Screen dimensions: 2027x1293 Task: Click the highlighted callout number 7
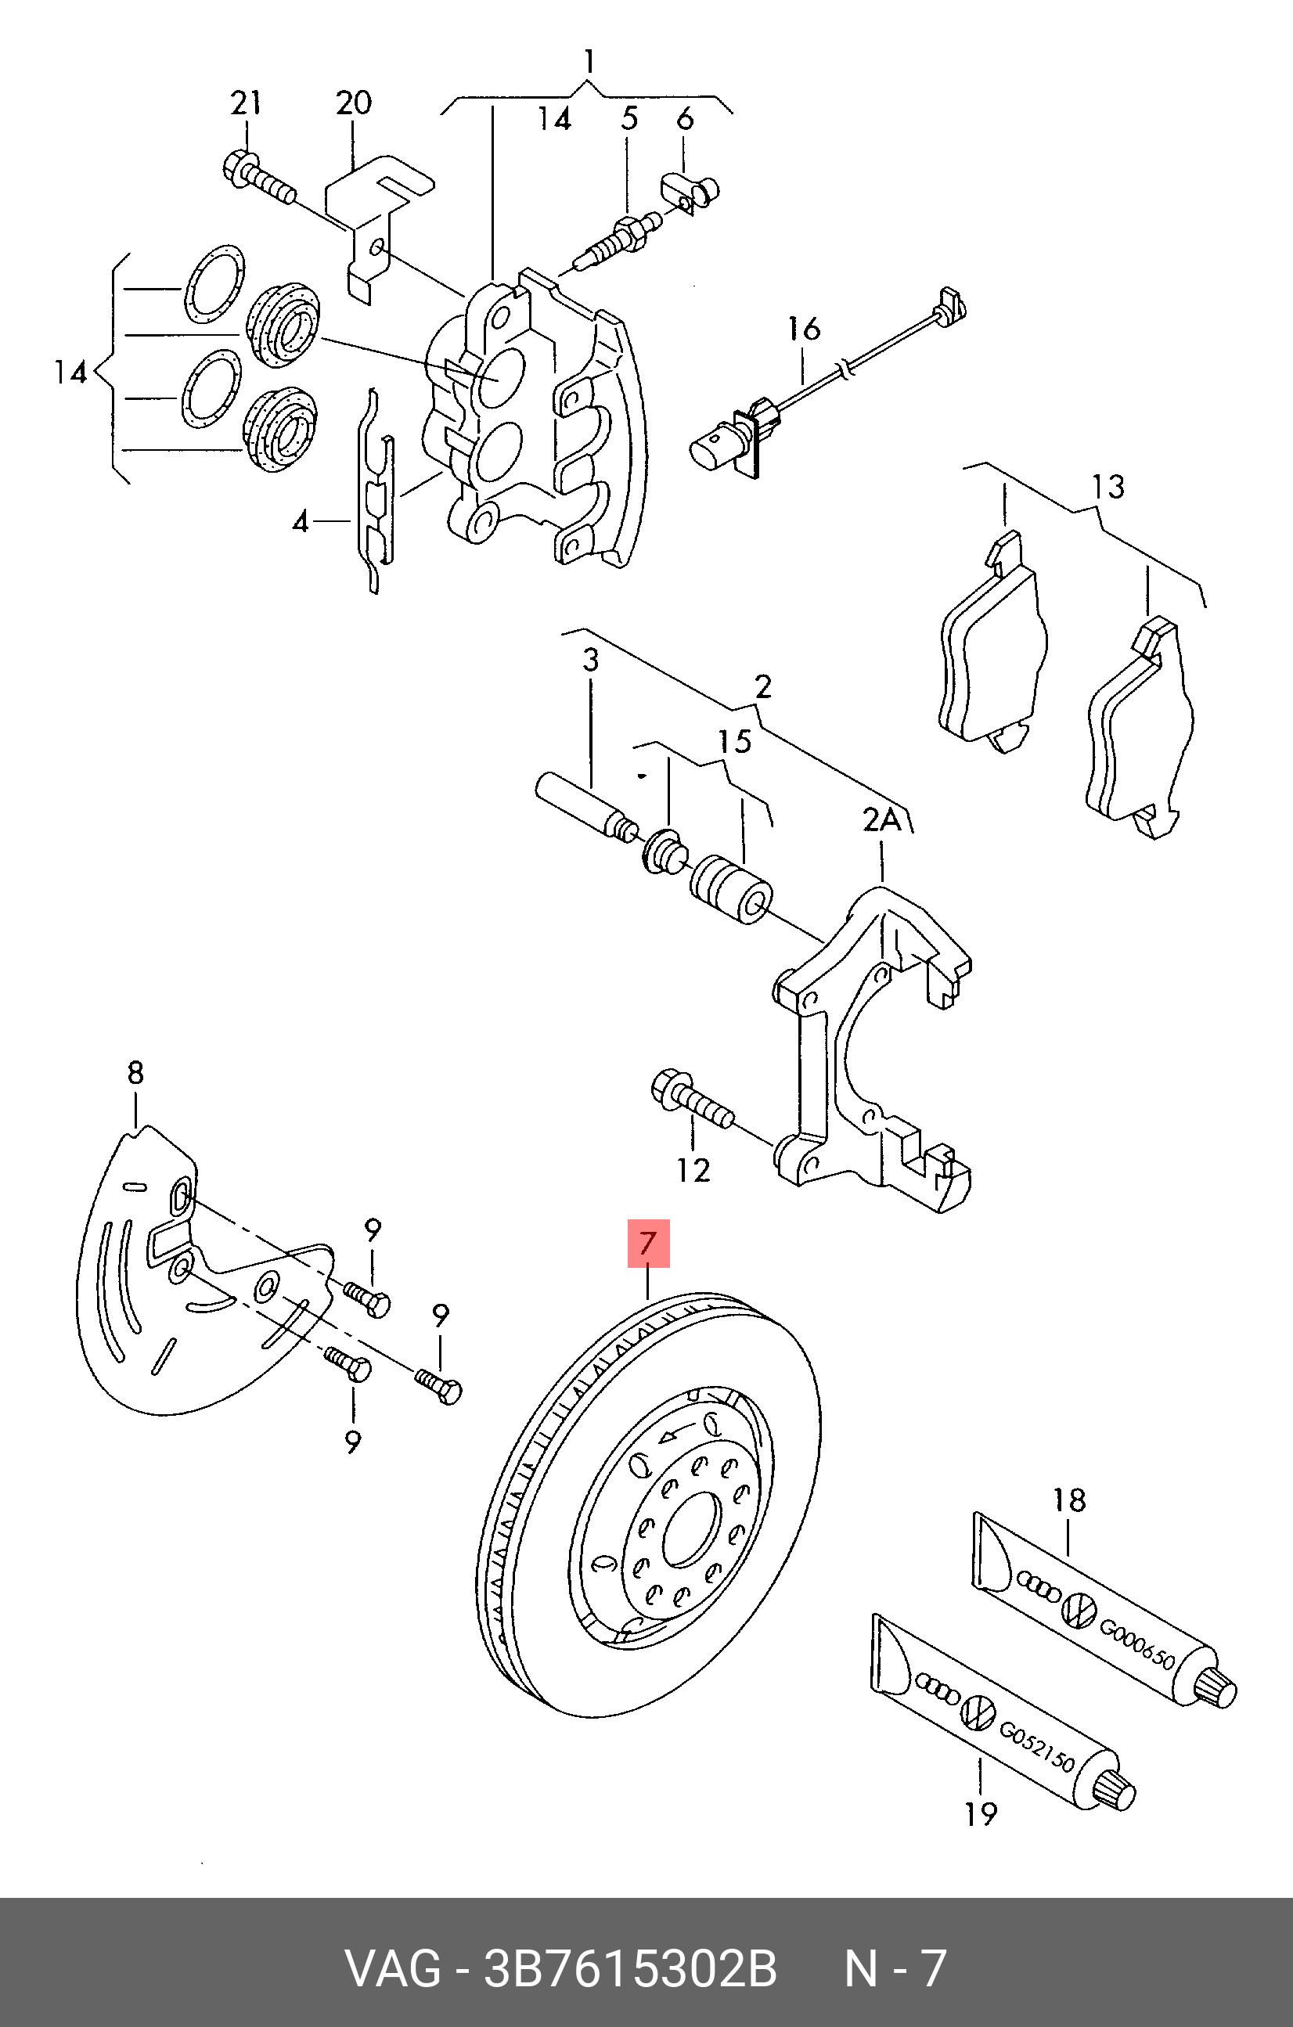646,1244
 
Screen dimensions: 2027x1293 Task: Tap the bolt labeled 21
259,178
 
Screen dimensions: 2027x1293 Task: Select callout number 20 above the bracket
354,103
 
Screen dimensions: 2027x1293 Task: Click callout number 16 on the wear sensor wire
804,328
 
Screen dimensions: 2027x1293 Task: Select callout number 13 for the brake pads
1108,487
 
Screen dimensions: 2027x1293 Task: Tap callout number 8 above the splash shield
135,1072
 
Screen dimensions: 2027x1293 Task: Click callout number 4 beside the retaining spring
301,523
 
